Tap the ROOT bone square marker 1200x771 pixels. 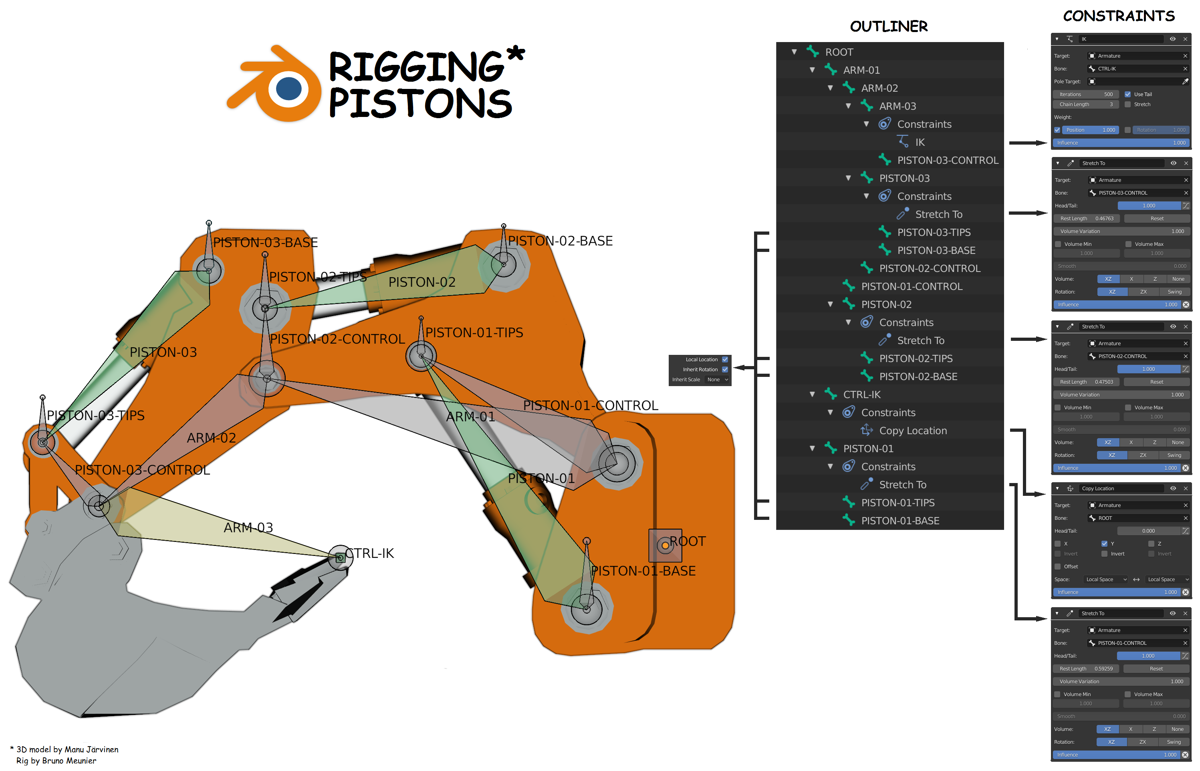pos(665,545)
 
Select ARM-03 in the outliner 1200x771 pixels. pos(897,106)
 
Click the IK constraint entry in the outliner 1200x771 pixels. pos(920,142)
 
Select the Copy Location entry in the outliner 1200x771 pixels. pos(913,431)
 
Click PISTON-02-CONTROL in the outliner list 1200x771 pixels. pos(929,268)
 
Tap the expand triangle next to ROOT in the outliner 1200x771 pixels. pos(794,52)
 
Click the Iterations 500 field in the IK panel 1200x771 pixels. pos(1085,94)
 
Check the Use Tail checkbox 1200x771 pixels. pos(1127,94)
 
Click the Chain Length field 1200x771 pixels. pos(1085,104)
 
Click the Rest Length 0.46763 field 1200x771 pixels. pos(1086,218)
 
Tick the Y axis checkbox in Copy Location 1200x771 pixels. pos(1104,543)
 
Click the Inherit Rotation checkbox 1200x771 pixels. pos(724,369)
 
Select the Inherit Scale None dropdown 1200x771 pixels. pos(717,380)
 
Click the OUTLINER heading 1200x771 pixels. pos(889,26)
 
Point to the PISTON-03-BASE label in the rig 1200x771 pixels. pos(265,242)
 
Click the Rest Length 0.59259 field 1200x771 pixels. pos(1085,668)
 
